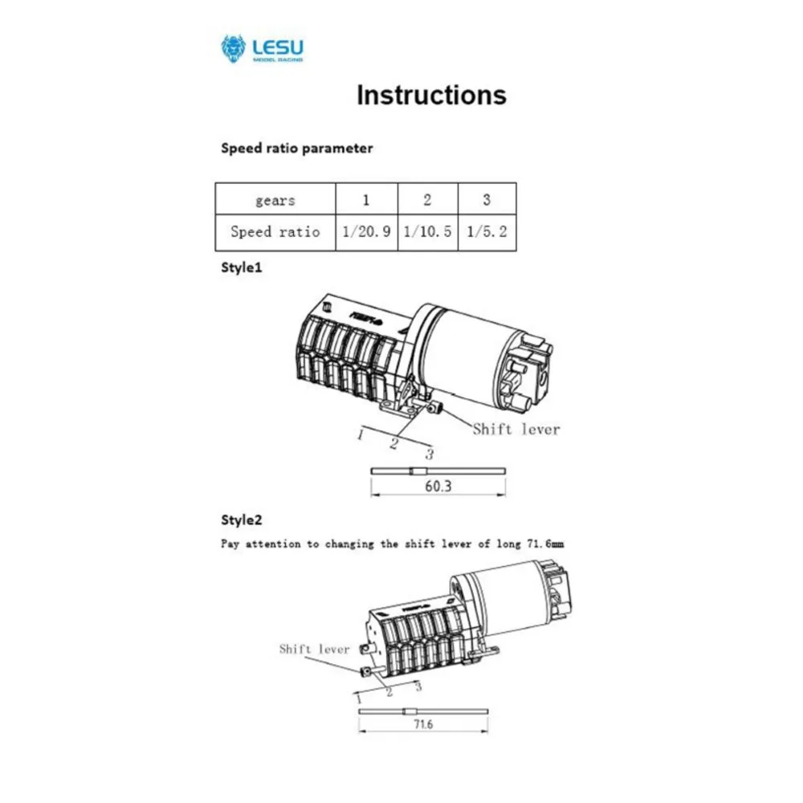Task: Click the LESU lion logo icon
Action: point(233,48)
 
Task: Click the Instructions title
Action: point(431,95)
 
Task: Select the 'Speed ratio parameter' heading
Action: point(296,149)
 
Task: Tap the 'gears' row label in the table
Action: point(275,200)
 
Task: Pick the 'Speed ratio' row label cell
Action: point(275,232)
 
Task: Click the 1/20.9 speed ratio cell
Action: point(366,232)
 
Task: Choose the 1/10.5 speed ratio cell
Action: point(427,232)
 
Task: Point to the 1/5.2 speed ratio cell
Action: point(487,232)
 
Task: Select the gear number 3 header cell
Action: point(487,200)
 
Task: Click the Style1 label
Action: point(241,268)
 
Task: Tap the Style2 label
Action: point(241,520)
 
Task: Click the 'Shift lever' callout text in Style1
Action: point(516,429)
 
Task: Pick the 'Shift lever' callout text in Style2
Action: point(314,649)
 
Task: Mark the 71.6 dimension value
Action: point(423,724)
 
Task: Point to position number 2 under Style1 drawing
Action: point(394,442)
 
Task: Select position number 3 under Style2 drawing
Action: point(418,685)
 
